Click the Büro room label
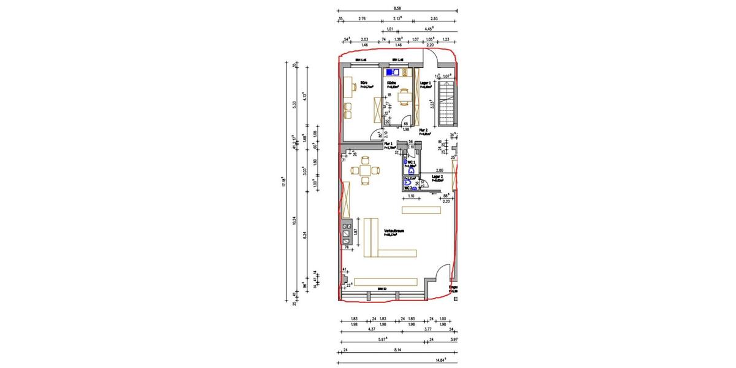364,82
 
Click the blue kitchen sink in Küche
389,72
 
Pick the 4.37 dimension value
371,328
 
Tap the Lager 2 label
437,176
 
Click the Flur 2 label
423,131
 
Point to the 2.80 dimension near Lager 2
439,170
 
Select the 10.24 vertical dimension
294,220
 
